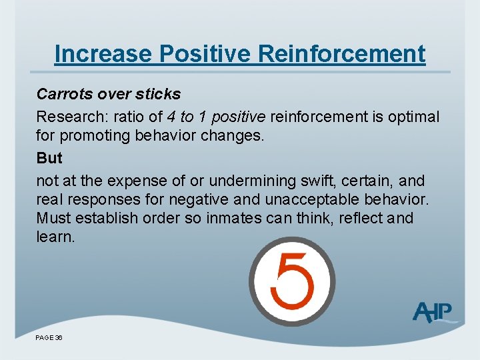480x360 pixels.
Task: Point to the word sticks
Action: [x=157, y=94]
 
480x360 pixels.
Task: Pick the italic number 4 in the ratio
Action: [x=171, y=117]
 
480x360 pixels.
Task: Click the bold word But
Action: [x=49, y=158]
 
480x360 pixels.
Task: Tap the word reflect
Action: [x=361, y=218]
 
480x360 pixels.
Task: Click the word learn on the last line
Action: [x=54, y=237]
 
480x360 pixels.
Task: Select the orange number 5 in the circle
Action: [x=291, y=281]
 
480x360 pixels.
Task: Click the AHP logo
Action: [x=434, y=312]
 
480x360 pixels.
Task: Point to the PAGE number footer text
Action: [x=49, y=338]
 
